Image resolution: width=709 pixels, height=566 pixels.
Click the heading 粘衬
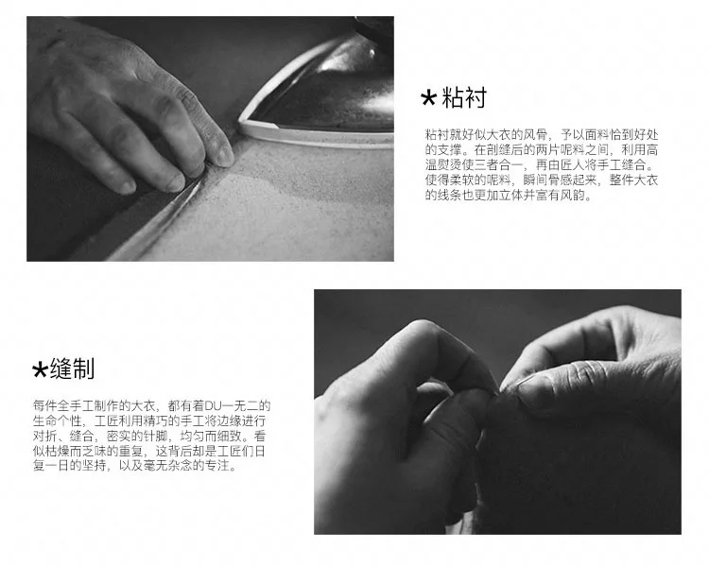(x=464, y=97)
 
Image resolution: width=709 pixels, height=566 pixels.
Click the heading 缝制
(x=73, y=369)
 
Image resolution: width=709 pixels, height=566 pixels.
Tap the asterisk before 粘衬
(x=428, y=97)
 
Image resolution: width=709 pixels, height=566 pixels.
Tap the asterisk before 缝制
(x=40, y=369)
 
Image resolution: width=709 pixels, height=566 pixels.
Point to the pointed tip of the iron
(x=241, y=123)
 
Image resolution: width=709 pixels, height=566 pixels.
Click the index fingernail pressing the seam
(x=224, y=156)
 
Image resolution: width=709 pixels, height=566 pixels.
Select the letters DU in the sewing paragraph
(x=212, y=405)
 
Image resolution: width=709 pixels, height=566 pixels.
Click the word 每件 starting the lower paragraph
(x=44, y=405)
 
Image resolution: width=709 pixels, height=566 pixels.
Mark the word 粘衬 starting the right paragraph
(x=437, y=135)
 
